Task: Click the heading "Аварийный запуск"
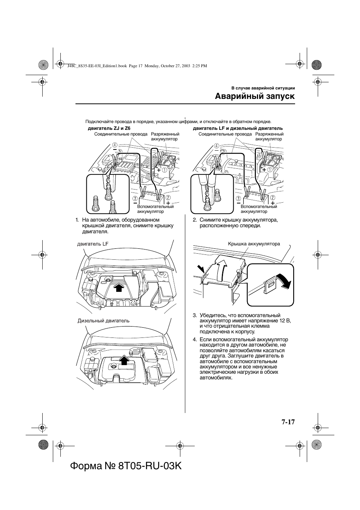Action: [x=255, y=96]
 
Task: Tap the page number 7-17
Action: [x=288, y=422]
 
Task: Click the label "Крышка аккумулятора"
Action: [x=254, y=244]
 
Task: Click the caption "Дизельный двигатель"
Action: [x=103, y=321]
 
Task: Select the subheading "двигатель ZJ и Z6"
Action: [x=106, y=128]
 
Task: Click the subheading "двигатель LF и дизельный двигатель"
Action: [x=238, y=128]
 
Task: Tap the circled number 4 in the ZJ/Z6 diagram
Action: [x=114, y=145]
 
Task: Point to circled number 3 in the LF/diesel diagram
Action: [x=238, y=199]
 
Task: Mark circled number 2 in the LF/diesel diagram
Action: [x=272, y=197]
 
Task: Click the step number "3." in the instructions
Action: [x=195, y=315]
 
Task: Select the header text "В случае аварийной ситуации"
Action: [x=263, y=88]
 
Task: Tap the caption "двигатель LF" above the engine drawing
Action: [x=93, y=244]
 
